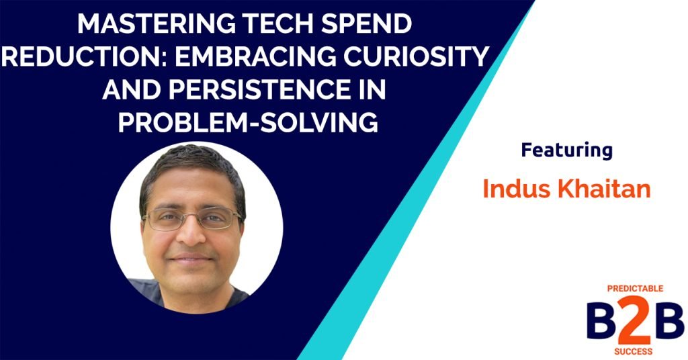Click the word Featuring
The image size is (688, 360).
click(566, 150)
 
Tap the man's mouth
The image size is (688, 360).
click(193, 258)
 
